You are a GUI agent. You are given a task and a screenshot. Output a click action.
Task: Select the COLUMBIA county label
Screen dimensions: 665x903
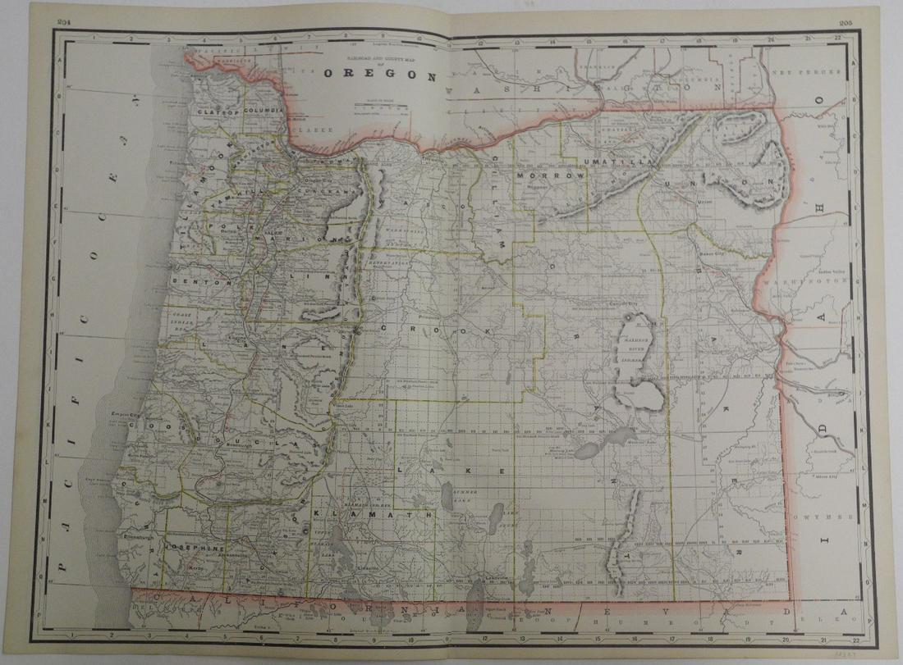pos(263,109)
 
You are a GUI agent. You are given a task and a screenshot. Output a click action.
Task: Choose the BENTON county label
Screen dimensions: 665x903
pos(191,280)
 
